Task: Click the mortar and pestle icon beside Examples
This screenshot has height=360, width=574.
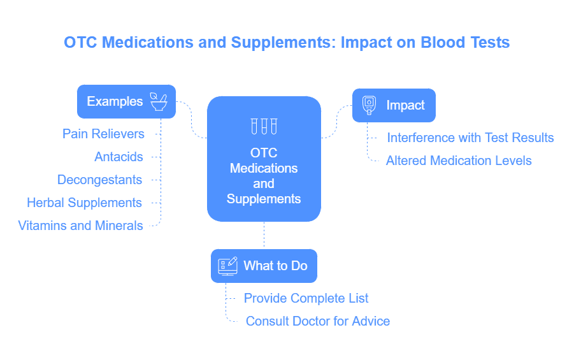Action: (x=159, y=101)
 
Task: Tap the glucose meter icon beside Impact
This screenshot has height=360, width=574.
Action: (x=369, y=105)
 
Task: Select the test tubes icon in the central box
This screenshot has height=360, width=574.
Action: (x=264, y=126)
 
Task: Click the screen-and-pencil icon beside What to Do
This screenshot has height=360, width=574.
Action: (x=227, y=266)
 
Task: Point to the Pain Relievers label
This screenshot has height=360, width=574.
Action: (x=103, y=134)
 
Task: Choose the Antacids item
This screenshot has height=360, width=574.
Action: (x=118, y=157)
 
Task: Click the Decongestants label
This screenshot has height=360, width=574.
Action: (x=99, y=180)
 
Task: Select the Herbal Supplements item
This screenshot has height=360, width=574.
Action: (x=84, y=203)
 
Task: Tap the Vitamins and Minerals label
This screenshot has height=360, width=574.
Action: (x=80, y=226)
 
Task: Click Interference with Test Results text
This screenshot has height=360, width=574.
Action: (x=470, y=138)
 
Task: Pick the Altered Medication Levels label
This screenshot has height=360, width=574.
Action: (x=459, y=161)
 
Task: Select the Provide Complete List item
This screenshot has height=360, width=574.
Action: (x=306, y=298)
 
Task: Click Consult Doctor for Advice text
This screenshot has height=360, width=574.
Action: (x=318, y=321)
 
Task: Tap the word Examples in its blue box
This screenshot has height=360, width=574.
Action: (x=115, y=101)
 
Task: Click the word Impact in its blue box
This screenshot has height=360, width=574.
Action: (x=405, y=106)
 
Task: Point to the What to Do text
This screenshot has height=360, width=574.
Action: (x=275, y=266)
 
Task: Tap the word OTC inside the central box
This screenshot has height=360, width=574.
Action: (x=264, y=153)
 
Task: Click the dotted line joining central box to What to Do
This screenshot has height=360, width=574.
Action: (x=264, y=235)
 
